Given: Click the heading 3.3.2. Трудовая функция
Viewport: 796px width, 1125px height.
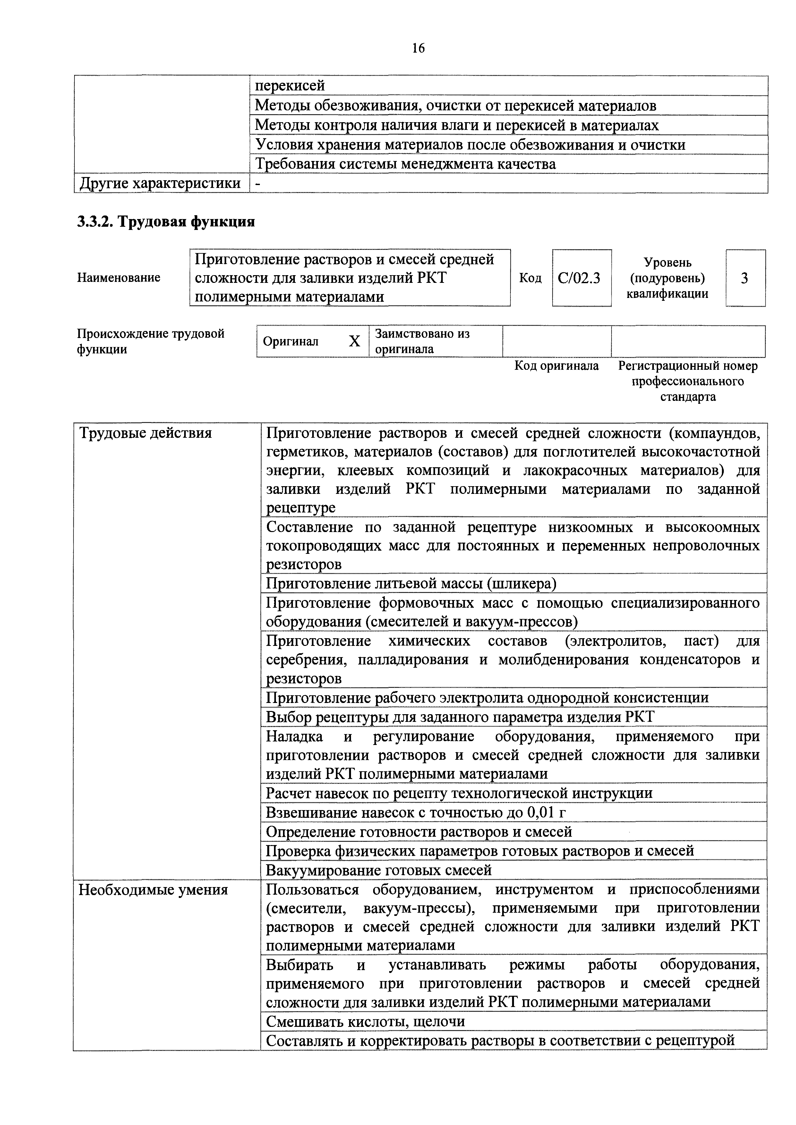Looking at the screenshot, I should click(x=166, y=222).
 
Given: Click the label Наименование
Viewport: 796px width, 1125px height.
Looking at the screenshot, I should click(x=119, y=278).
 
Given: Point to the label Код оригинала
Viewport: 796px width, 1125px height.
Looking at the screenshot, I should click(x=556, y=366).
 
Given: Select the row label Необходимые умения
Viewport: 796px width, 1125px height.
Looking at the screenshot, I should click(x=153, y=889).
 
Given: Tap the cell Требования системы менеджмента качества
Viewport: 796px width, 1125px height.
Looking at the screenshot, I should click(x=405, y=164).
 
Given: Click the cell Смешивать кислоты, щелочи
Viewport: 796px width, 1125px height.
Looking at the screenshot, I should click(x=365, y=1022).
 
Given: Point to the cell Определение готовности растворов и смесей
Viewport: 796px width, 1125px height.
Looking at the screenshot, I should click(x=419, y=832).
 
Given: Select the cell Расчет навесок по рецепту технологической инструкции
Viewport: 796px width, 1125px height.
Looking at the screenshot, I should click(x=459, y=793).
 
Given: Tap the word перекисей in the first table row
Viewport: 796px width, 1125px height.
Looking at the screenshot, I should click(x=290, y=86).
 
